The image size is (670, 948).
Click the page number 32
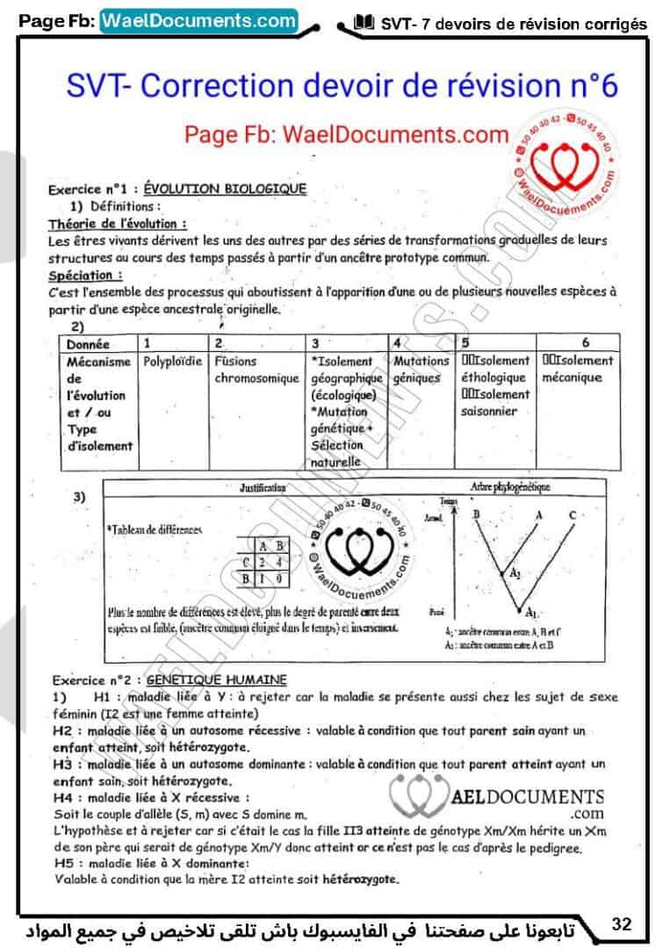tap(622, 923)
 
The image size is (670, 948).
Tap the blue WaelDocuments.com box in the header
tap(199, 20)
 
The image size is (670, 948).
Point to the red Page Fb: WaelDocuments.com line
tap(346, 134)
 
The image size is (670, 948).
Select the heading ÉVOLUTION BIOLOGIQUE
tap(225, 189)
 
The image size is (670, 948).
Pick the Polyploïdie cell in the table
tap(172, 361)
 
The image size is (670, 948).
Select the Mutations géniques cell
tap(421, 370)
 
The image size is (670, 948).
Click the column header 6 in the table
tap(586, 343)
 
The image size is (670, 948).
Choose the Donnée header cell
tap(88, 344)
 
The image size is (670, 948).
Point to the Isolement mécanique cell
tap(578, 370)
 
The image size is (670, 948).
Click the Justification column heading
tap(263, 485)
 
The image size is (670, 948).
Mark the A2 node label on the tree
tap(516, 571)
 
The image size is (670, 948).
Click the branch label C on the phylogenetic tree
tap(572, 514)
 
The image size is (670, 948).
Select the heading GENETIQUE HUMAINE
tap(216, 679)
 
